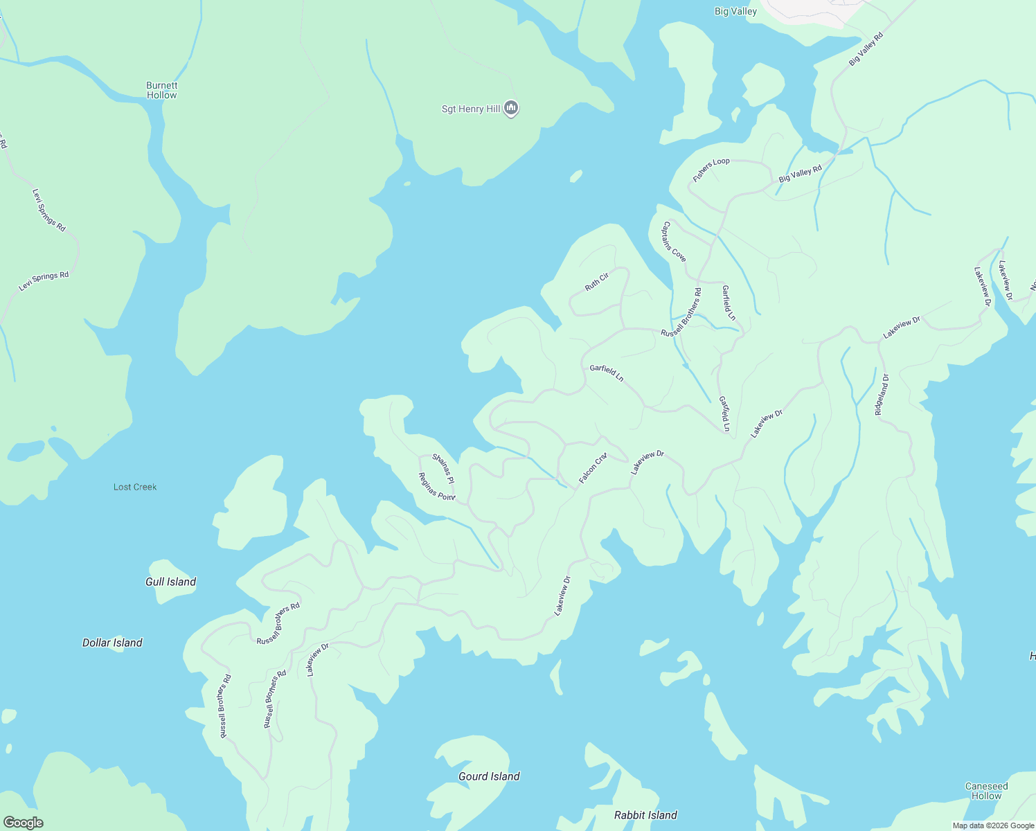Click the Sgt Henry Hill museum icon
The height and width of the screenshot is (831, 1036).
click(511, 108)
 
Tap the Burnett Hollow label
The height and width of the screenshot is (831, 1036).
click(161, 91)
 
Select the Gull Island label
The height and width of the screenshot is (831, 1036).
click(170, 582)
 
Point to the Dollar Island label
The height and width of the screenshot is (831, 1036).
click(112, 643)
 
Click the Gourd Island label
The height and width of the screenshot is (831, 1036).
click(489, 776)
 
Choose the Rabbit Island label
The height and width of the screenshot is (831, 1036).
click(645, 815)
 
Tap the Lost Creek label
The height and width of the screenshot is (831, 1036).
click(135, 487)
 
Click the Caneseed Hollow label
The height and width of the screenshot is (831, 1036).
click(986, 791)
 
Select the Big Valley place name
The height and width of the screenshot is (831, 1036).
click(735, 11)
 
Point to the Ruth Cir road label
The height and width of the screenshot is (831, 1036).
click(596, 282)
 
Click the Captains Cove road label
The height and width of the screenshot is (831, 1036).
click(674, 242)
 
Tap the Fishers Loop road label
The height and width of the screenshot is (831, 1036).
click(711, 170)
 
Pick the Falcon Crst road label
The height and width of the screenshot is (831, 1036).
click(593, 468)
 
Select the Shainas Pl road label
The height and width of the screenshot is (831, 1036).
click(443, 468)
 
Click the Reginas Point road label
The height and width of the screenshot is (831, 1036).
click(437, 486)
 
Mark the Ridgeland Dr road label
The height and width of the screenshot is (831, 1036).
click(882, 394)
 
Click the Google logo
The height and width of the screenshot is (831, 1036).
click(23, 823)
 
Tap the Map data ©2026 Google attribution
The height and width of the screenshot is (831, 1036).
click(993, 825)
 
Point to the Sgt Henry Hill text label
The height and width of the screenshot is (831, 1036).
click(471, 109)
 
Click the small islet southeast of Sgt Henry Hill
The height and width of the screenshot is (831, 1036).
click(575, 176)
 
